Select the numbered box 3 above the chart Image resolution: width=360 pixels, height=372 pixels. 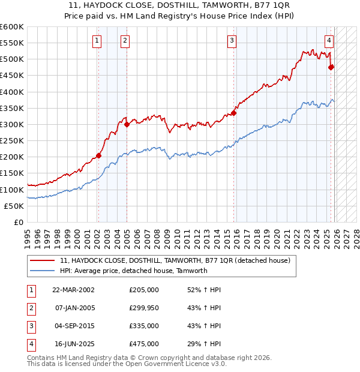[232, 41]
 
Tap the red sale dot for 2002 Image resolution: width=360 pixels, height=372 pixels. [98, 156]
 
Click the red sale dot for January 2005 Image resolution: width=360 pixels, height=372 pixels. [127, 125]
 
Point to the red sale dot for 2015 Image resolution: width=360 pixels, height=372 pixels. [234, 113]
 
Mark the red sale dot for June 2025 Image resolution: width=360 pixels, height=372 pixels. [331, 67]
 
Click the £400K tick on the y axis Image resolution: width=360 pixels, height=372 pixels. [12, 92]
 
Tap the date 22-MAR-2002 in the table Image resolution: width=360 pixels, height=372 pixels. [73, 290]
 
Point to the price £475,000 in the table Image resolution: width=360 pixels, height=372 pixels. [144, 344]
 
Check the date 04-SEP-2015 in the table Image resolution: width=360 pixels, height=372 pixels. [73, 326]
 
